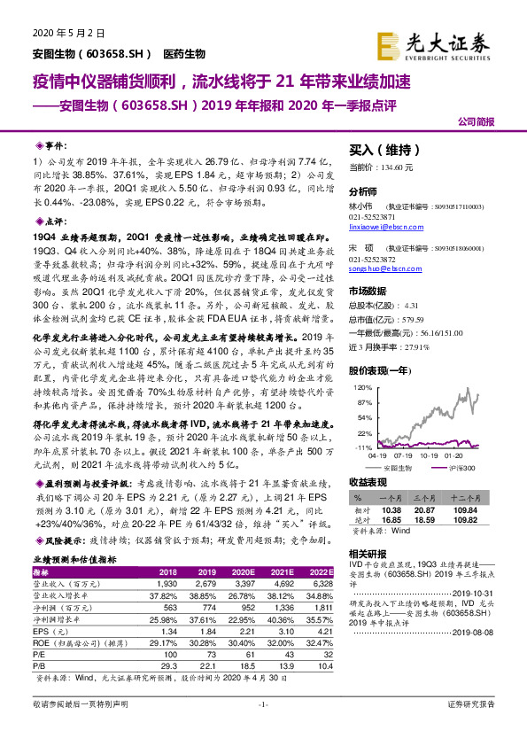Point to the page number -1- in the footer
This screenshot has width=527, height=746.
(262, 728)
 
